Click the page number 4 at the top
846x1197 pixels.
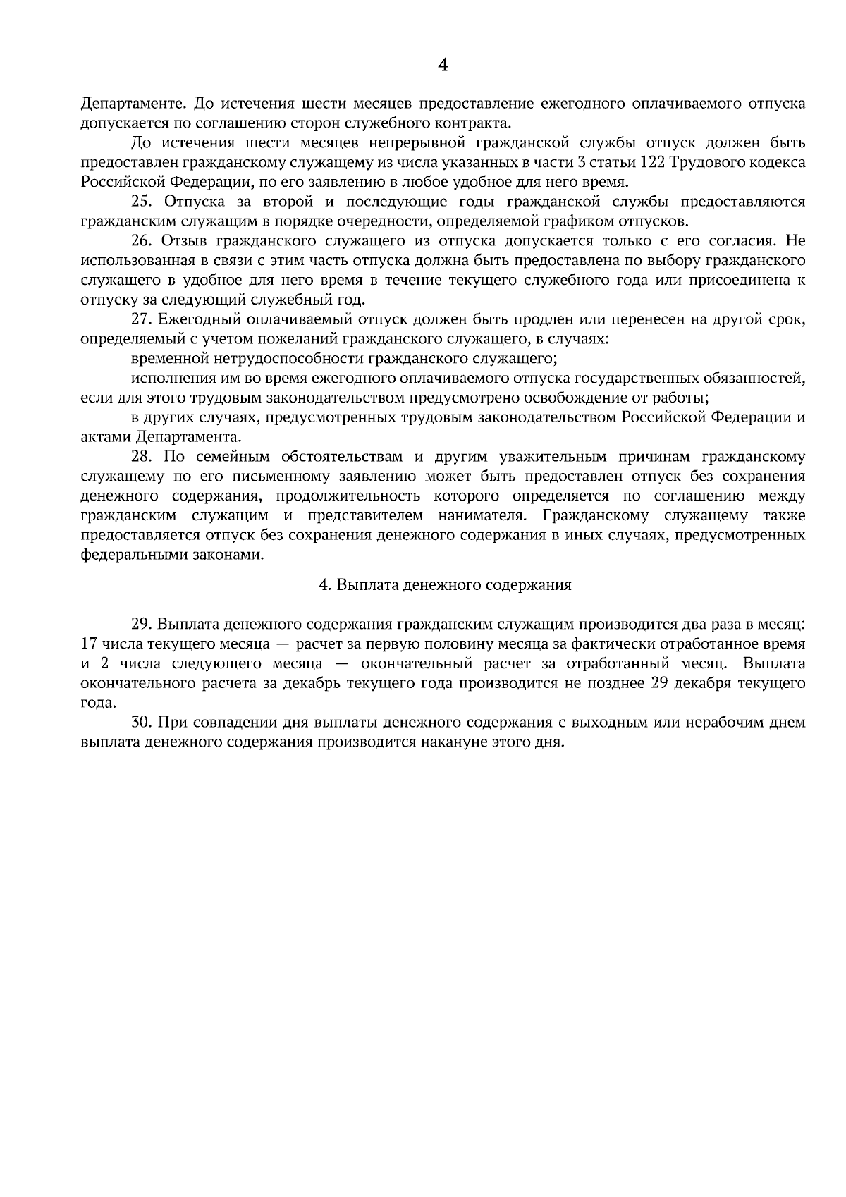[x=443, y=66]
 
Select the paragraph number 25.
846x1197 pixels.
[x=142, y=202]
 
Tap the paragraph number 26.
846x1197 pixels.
[x=142, y=241]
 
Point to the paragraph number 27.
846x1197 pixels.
[x=142, y=319]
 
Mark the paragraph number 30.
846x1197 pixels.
[x=142, y=723]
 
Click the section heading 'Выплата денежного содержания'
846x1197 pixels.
[x=453, y=585]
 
